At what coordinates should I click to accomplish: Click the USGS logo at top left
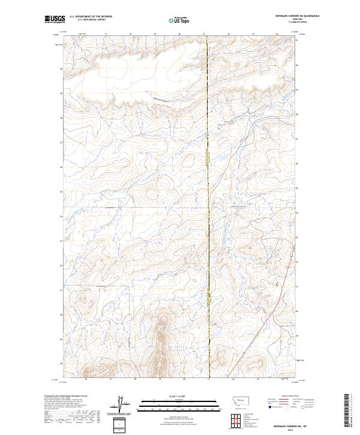pos(53,19)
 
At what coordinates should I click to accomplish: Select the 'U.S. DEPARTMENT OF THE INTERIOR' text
pos(91,17)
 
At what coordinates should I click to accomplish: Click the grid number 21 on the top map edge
pos(204,34)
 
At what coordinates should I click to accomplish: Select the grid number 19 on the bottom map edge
pos(160,379)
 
